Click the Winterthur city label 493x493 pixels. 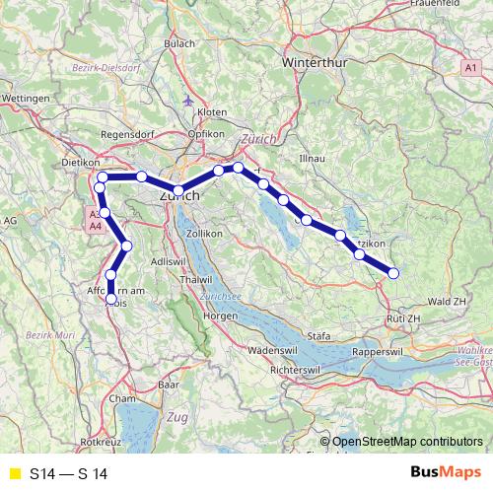[x=290, y=61]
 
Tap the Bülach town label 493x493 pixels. [x=179, y=43]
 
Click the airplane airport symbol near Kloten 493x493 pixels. [x=189, y=100]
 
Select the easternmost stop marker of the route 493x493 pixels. [x=393, y=273]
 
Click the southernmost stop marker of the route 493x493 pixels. [x=111, y=298]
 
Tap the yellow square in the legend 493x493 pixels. [x=13, y=474]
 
